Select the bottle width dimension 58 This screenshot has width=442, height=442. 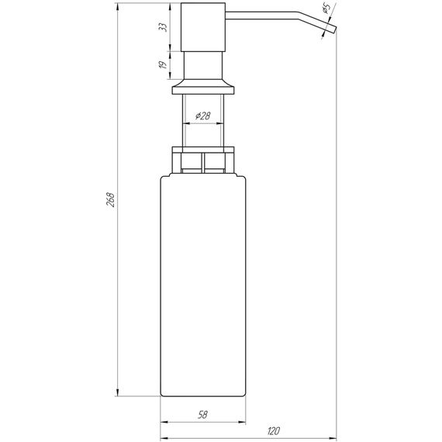point(202,416)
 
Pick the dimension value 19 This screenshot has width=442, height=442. point(164,66)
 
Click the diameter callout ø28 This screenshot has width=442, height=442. point(202,116)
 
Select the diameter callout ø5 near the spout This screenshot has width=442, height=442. point(326,10)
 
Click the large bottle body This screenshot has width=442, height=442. point(203,287)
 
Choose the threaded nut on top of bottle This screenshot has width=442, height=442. point(203,160)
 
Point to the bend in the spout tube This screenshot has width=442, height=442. point(315,16)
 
